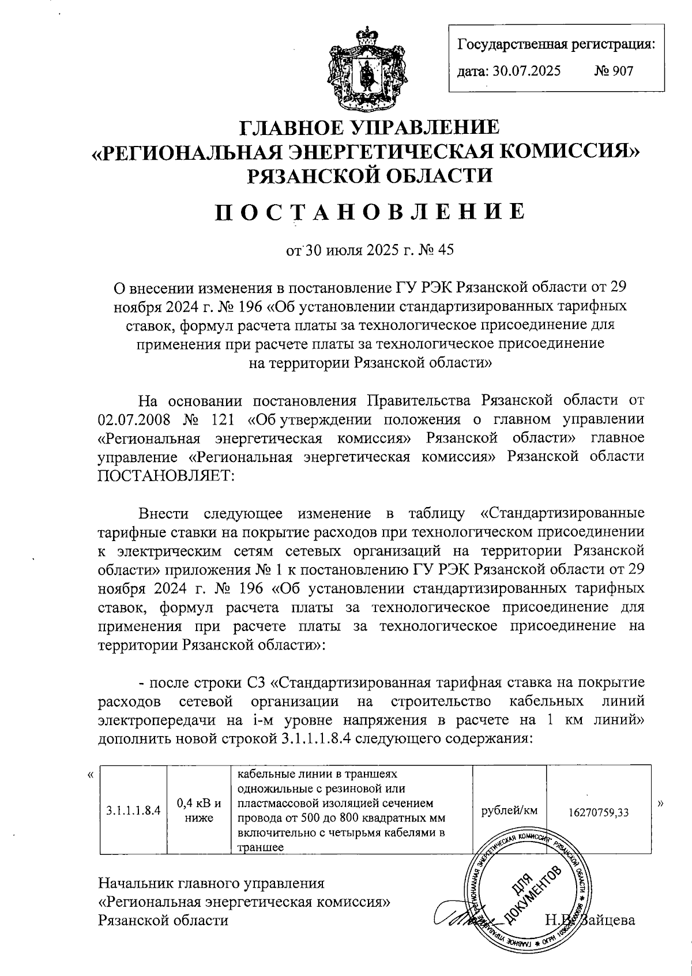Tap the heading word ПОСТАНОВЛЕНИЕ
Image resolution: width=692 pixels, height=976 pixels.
[370, 212]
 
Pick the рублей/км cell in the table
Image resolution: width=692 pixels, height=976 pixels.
[508, 810]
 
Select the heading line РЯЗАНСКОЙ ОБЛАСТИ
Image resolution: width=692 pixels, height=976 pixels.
[370, 175]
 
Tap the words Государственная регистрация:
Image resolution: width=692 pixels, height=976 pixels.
[556, 44]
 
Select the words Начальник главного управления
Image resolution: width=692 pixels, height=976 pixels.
[212, 883]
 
